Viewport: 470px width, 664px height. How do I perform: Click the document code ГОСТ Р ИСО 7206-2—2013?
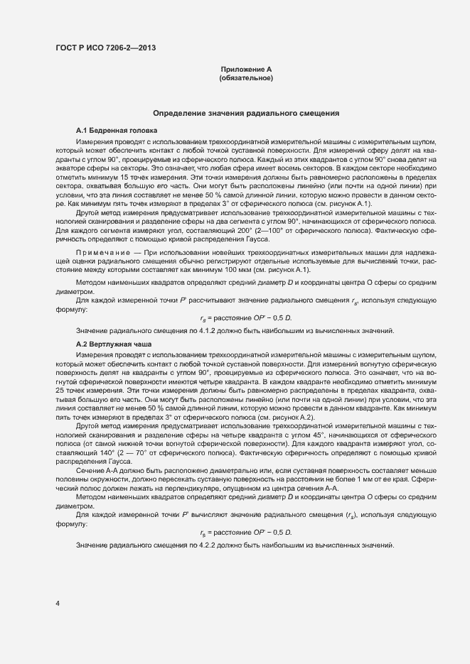pyautogui.click(x=105, y=48)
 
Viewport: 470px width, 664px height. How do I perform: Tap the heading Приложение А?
pyautogui.click(x=246, y=69)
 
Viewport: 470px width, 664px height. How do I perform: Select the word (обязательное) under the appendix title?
pyautogui.click(x=246, y=77)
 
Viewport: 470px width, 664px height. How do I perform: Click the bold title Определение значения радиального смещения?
pyautogui.click(x=246, y=113)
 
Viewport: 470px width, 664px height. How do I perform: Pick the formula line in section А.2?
pyautogui.click(x=246, y=532)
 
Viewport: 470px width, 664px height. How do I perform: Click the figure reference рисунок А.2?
pyautogui.click(x=272, y=418)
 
